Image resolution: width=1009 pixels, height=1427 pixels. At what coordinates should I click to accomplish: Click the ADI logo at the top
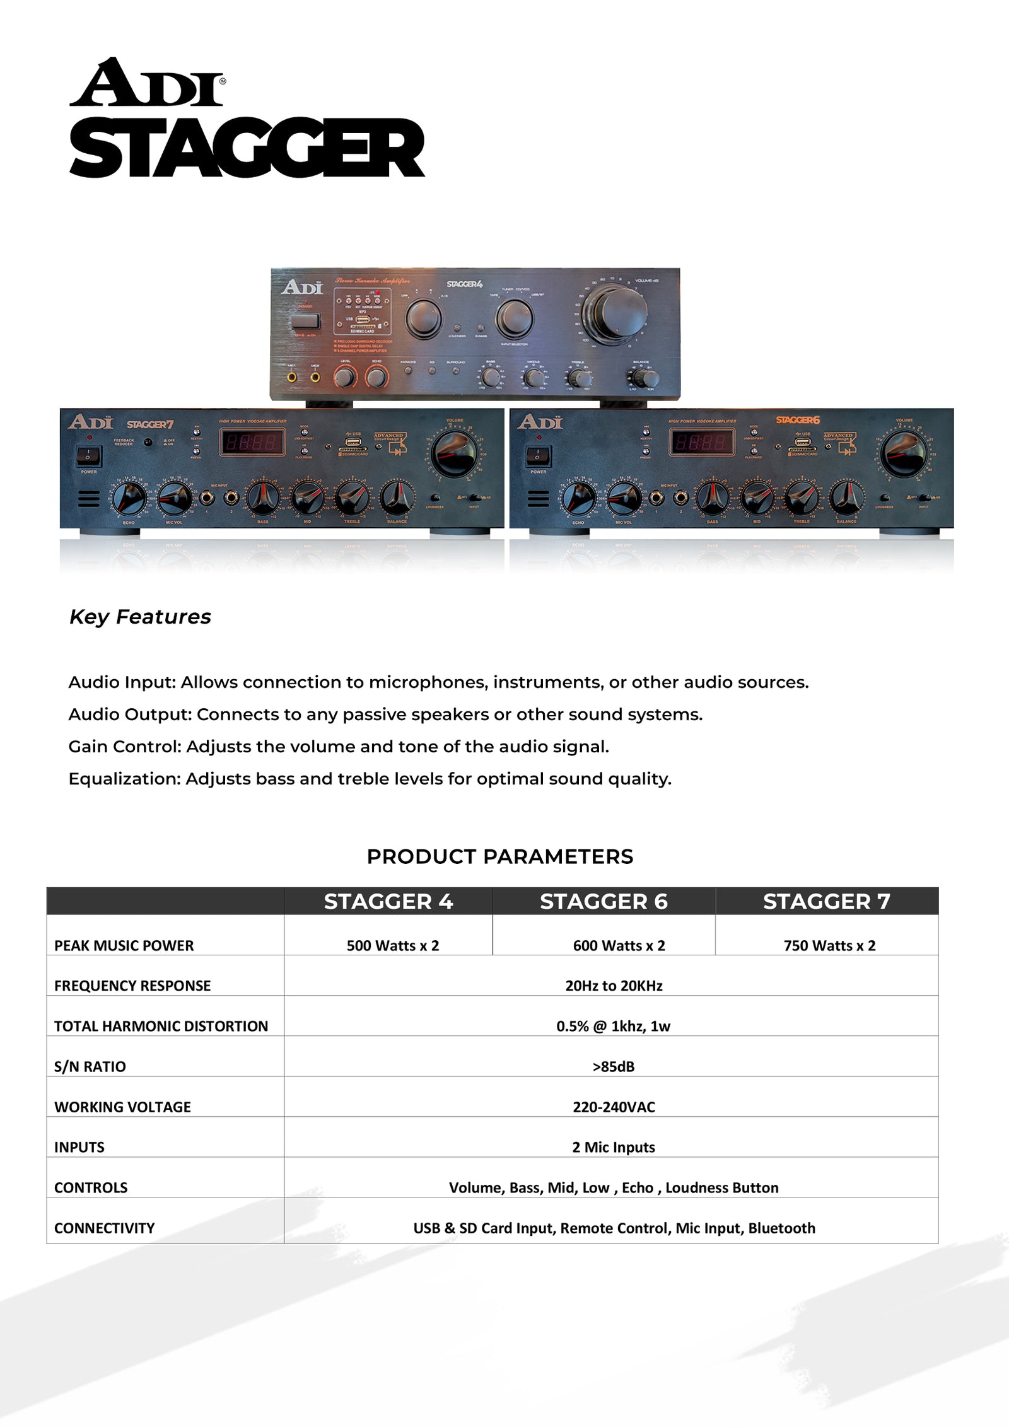pyautogui.click(x=146, y=83)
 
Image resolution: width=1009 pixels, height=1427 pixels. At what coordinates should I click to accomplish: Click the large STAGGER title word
pyautogui.click(x=247, y=148)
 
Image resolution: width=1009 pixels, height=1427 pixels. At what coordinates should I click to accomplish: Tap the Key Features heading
pyautogui.click(x=140, y=617)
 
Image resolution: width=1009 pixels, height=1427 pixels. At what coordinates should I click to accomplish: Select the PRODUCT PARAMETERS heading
pyautogui.click(x=499, y=856)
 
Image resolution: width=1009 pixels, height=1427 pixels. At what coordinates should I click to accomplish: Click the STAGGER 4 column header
pyautogui.click(x=388, y=902)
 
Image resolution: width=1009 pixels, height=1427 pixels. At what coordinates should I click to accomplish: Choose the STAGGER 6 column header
pyautogui.click(x=604, y=902)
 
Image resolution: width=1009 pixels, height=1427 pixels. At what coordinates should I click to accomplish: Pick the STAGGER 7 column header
pyautogui.click(x=826, y=902)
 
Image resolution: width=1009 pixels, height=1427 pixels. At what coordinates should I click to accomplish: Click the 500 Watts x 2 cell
pyautogui.click(x=392, y=945)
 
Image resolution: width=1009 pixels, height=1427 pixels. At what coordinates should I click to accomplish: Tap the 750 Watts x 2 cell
pyautogui.click(x=829, y=945)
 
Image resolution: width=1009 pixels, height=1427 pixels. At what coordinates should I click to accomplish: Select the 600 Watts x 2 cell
pyautogui.click(x=619, y=945)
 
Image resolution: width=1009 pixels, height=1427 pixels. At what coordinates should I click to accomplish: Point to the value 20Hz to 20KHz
pyautogui.click(x=614, y=986)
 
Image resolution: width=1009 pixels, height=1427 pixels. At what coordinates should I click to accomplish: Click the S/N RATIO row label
pyautogui.click(x=90, y=1066)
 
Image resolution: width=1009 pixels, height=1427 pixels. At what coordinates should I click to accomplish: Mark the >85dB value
pyautogui.click(x=613, y=1066)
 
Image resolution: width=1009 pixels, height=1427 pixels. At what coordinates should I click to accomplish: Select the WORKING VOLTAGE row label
pyautogui.click(x=122, y=1107)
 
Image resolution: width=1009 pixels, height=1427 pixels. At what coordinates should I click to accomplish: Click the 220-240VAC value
pyautogui.click(x=614, y=1107)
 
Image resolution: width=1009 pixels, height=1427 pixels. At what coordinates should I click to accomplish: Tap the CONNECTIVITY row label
pyautogui.click(x=104, y=1228)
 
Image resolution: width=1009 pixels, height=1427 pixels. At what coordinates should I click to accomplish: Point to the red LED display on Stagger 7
pyautogui.click(x=251, y=442)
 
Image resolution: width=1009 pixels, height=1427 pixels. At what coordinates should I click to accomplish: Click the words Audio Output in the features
pyautogui.click(x=129, y=714)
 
